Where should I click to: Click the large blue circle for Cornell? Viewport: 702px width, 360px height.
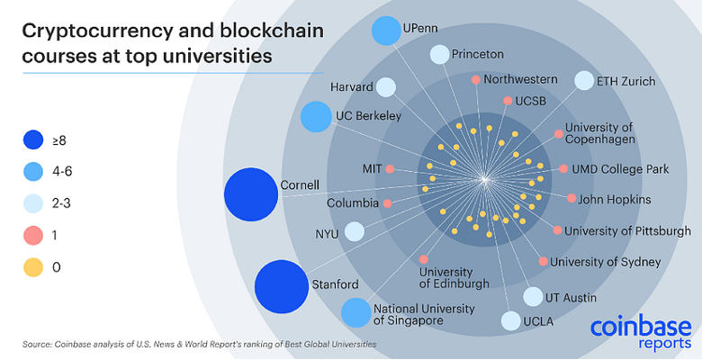click(x=251, y=193)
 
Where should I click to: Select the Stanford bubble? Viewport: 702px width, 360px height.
click(x=282, y=287)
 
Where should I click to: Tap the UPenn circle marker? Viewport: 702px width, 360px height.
click(x=385, y=30)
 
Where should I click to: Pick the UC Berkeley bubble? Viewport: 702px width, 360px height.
click(x=316, y=116)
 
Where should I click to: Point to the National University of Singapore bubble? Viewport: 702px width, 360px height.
click(x=355, y=312)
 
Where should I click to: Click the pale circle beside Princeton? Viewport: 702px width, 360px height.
click(x=438, y=54)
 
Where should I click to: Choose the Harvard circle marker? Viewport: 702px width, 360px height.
click(x=386, y=87)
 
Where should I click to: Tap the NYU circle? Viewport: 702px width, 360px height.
click(x=355, y=232)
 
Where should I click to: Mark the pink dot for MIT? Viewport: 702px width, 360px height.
click(x=390, y=168)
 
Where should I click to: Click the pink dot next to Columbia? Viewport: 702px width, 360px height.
click(x=387, y=203)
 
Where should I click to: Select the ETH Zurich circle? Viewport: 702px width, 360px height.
click(x=584, y=81)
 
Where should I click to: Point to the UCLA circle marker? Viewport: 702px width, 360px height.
click(x=509, y=320)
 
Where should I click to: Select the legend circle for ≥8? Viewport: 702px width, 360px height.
click(x=33, y=139)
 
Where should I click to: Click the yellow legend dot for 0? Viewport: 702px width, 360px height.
click(x=33, y=266)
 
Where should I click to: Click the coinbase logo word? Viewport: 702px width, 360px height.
click(x=641, y=326)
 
